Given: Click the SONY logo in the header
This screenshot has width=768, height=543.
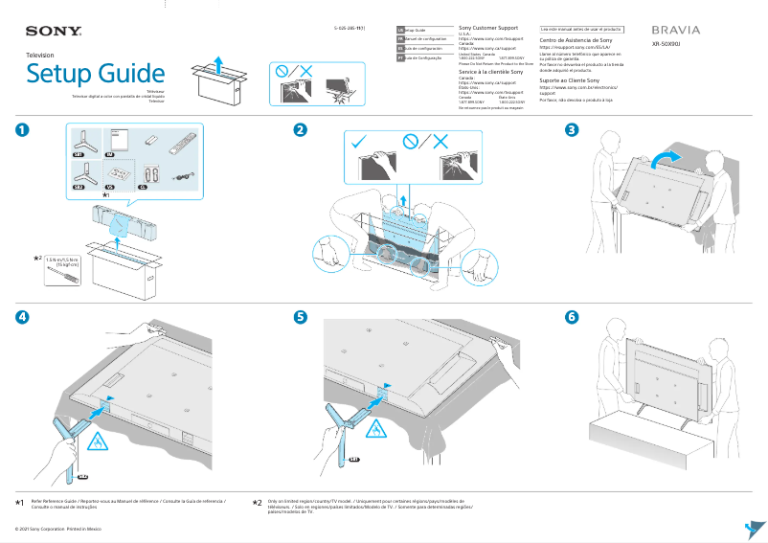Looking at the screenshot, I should (x=54, y=32).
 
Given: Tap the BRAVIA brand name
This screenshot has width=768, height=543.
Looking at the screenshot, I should (x=675, y=31).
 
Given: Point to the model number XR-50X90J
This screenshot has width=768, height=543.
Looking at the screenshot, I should (x=668, y=44).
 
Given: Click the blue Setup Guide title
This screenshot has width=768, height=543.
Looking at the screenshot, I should (x=96, y=73).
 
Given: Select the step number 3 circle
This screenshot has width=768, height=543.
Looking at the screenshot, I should (x=573, y=130).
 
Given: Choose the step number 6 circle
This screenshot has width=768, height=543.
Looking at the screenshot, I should (x=573, y=317).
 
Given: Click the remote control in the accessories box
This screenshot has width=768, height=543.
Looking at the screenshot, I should (x=179, y=145).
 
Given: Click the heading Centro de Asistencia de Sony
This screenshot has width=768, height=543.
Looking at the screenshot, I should (x=576, y=41).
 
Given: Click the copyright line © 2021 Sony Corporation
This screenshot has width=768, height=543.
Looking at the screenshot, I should (x=57, y=528).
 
